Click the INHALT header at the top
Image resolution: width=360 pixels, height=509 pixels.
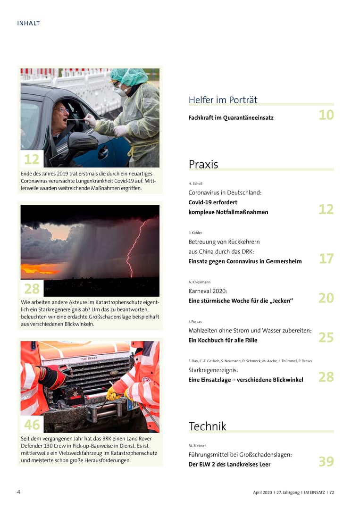pyautogui.click(x=28, y=23)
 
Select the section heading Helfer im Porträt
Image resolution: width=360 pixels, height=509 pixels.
pyautogui.click(x=223, y=100)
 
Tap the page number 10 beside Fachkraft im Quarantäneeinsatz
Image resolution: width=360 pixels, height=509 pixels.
pyautogui.click(x=326, y=115)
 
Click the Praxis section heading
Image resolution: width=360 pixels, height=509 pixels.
pyautogui.click(x=203, y=164)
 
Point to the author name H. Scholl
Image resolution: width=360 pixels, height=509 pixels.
pyautogui.click(x=195, y=184)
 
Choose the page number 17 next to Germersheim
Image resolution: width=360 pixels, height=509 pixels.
pyautogui.click(x=326, y=259)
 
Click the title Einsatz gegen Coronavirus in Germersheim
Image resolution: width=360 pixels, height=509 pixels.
pyautogui.click(x=245, y=261)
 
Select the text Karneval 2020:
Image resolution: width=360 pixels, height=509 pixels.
pyautogui.click(x=208, y=291)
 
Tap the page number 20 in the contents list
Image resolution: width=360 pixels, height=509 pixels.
pyautogui.click(x=326, y=298)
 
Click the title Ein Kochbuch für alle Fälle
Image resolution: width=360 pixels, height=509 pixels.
pyautogui.click(x=223, y=340)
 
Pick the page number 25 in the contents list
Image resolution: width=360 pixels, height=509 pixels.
pyautogui.click(x=326, y=337)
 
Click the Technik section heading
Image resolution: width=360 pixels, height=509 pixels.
pyautogui.click(x=207, y=426)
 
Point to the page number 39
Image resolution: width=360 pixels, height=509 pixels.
pyautogui.click(x=326, y=461)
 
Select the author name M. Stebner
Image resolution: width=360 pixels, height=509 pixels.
pyautogui.click(x=197, y=445)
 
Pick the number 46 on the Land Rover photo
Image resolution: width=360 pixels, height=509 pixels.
pyautogui.click(x=32, y=425)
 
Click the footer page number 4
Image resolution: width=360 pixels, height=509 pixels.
pyautogui.click(x=19, y=492)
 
